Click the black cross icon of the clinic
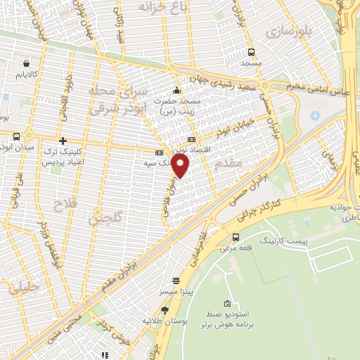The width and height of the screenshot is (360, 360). (63, 141)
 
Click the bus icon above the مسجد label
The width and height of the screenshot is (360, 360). (251, 52)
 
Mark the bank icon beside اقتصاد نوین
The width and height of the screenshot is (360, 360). (192, 139)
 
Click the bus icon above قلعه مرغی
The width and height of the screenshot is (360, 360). (235, 237)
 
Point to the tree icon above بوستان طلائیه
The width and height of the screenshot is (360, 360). (165, 309)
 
